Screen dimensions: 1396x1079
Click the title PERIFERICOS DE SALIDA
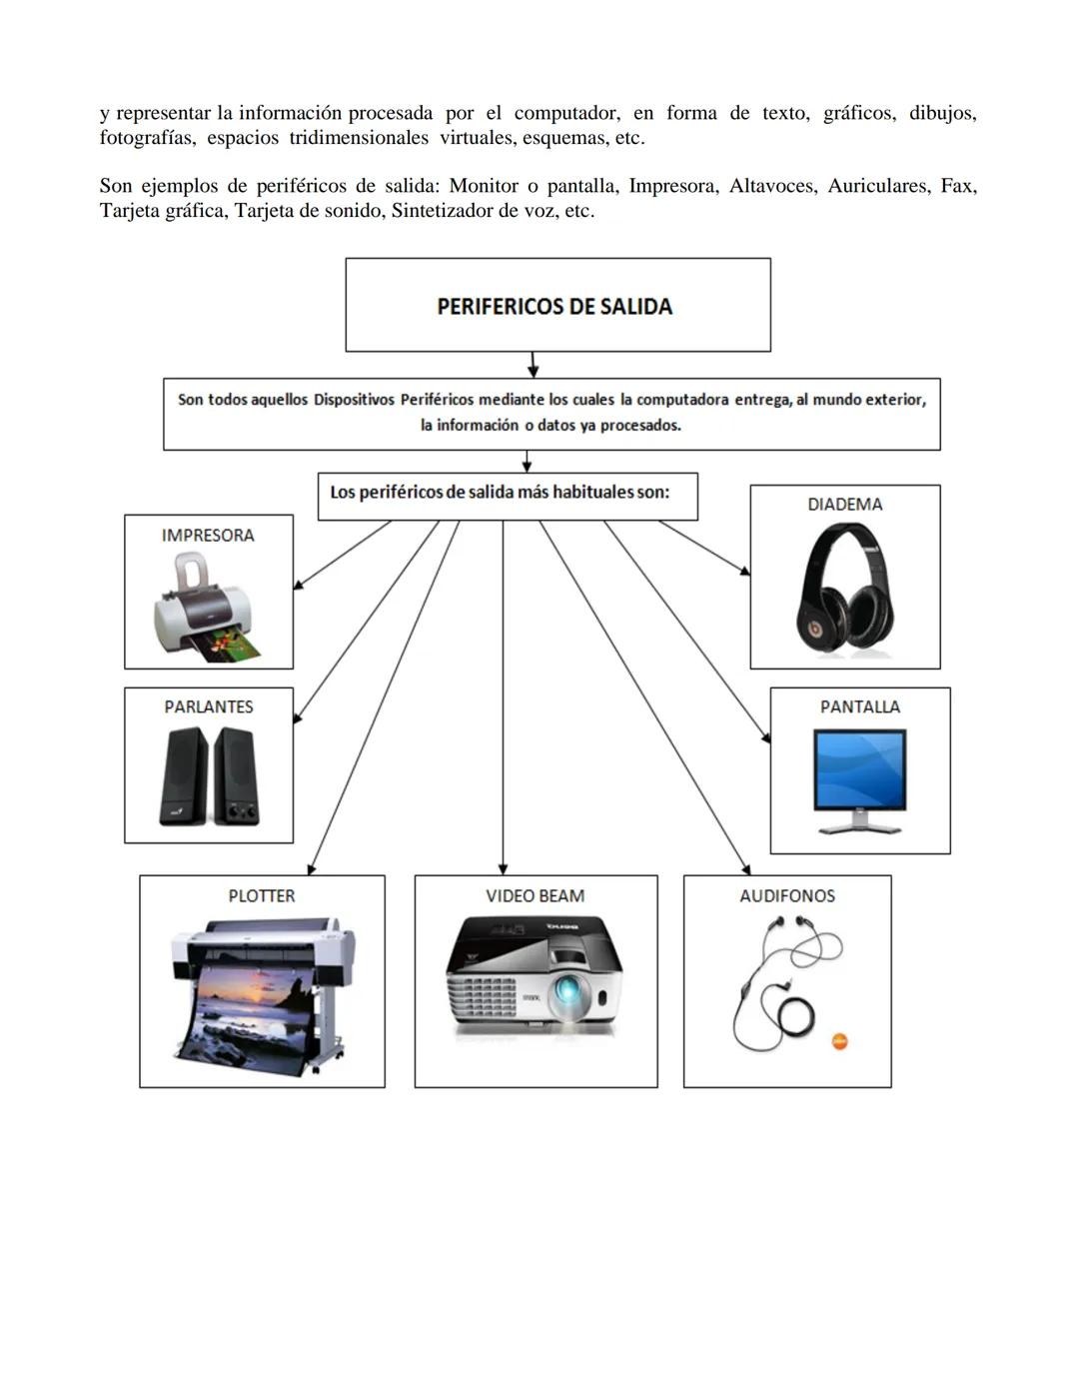coord(554,307)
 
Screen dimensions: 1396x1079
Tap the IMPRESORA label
coord(208,536)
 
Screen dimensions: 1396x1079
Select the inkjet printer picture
coord(207,610)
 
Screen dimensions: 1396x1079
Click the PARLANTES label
coord(209,706)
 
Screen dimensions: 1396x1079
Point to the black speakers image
coord(209,775)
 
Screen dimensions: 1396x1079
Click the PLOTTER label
coord(262,896)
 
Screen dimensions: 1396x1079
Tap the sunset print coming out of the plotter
coord(250,1009)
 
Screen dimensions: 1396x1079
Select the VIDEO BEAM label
coord(536,896)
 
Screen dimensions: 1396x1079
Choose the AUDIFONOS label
coord(787,896)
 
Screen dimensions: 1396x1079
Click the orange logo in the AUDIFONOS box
coord(839,1042)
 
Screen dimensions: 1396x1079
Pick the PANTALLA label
coord(860,706)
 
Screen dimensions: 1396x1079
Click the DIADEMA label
coord(845,505)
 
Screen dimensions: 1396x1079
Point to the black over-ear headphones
coord(845,588)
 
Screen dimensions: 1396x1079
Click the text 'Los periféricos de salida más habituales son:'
coord(500,493)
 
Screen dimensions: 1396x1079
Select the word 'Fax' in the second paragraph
coord(957,186)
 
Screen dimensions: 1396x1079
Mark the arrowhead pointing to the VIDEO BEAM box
coord(503,868)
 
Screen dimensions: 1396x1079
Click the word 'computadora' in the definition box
coord(682,400)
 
